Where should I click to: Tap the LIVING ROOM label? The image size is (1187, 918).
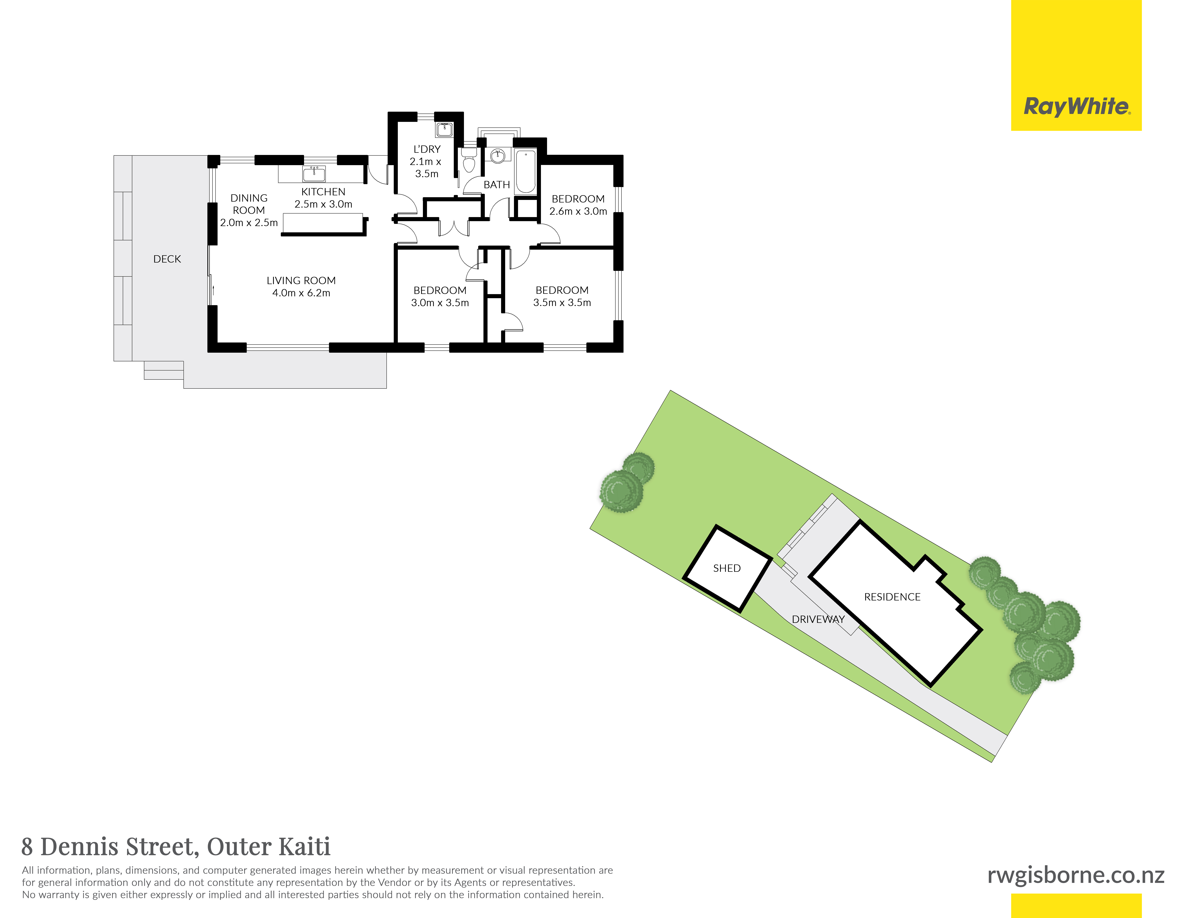click(301, 281)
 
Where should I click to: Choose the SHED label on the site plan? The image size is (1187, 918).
click(727, 568)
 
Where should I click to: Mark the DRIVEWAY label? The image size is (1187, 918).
click(818, 619)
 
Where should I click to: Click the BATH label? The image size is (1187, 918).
click(497, 185)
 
